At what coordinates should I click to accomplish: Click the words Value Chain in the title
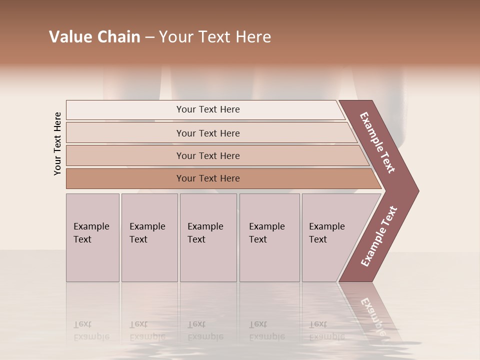click(x=94, y=37)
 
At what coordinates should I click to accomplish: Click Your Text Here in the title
click(x=215, y=37)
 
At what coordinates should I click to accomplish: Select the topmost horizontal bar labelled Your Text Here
click(x=207, y=109)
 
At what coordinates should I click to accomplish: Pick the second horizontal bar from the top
click(x=207, y=133)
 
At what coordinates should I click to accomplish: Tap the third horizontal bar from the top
click(x=207, y=155)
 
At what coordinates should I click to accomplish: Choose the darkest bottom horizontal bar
click(x=207, y=178)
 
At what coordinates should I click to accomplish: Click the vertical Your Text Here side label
click(x=57, y=143)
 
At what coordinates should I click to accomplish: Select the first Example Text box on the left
click(x=92, y=237)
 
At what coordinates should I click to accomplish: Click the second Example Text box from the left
click(x=149, y=237)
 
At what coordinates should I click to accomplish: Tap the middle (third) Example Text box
click(x=208, y=237)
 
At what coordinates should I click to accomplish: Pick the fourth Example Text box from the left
click(x=269, y=237)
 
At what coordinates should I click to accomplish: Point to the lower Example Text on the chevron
click(x=378, y=236)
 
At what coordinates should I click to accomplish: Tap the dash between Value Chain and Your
click(x=149, y=37)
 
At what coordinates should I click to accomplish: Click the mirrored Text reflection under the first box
click(x=82, y=324)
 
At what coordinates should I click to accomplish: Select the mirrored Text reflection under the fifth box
click(x=318, y=324)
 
